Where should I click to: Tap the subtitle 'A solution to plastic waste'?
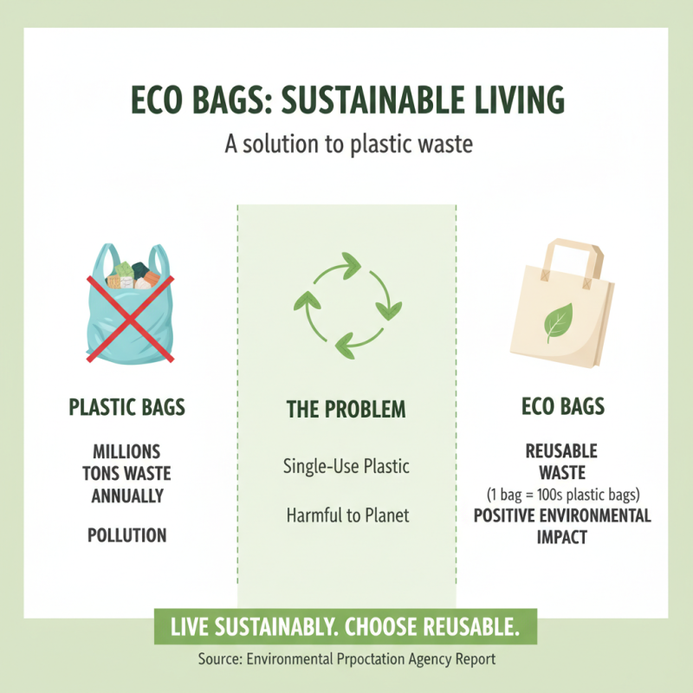tap(348, 143)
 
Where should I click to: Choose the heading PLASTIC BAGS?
tap(126, 407)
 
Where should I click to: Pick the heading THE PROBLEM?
tap(346, 409)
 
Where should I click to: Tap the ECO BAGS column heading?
tap(562, 407)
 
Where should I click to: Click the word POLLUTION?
tap(126, 534)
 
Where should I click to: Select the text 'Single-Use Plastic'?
tap(346, 466)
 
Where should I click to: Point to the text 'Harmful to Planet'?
tap(346, 515)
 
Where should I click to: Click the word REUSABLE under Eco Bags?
tap(561, 451)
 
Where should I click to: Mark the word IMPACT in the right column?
tap(561, 537)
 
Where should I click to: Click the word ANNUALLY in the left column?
tap(127, 495)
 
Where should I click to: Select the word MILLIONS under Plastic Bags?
tap(126, 451)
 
